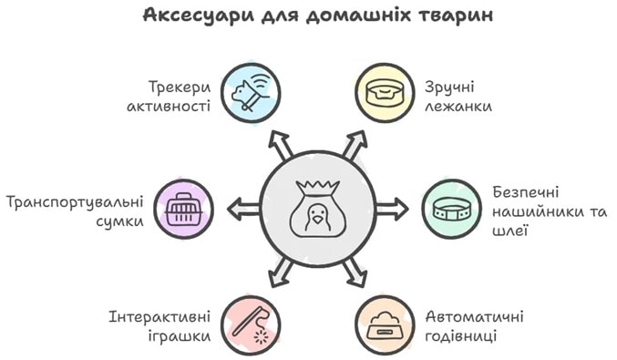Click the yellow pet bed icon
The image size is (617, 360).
(383, 92)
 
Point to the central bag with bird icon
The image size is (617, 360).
(316, 209)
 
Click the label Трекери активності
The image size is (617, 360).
(179, 97)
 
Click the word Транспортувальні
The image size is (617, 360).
(75, 201)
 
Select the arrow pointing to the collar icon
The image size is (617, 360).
(392, 209)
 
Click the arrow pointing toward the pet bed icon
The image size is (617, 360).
(355, 143)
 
